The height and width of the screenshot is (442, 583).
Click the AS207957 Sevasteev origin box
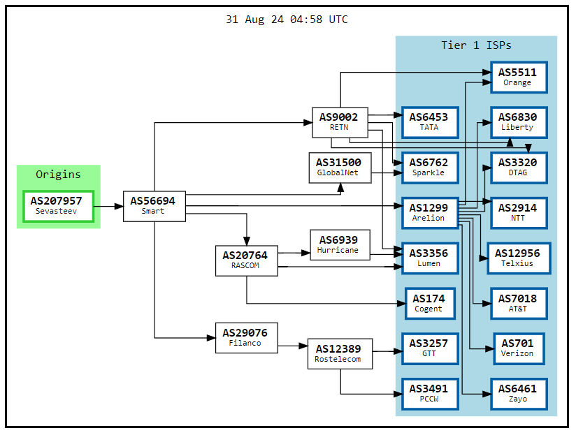click(58, 206)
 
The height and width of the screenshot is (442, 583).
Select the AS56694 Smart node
click(154, 206)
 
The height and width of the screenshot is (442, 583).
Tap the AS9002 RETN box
click(339, 122)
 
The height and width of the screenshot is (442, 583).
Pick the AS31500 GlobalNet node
click(340, 168)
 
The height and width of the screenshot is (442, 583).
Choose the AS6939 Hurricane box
click(339, 245)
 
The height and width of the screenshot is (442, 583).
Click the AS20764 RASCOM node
click(246, 260)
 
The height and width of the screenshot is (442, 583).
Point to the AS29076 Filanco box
click(246, 337)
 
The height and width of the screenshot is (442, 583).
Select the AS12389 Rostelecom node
click(339, 354)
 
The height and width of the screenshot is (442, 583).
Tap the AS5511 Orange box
click(517, 77)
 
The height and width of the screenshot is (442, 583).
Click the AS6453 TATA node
click(429, 122)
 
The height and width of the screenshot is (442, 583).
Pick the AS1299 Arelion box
click(429, 212)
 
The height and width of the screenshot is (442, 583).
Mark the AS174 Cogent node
click(429, 303)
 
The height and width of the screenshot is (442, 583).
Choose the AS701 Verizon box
click(517, 348)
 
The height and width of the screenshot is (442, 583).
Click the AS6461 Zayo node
click(517, 393)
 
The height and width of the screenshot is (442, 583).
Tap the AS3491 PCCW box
click(429, 393)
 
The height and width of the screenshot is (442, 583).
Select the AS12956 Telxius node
click(517, 258)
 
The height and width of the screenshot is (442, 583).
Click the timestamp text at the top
click(287, 20)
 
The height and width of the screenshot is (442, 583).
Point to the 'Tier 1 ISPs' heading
click(476, 45)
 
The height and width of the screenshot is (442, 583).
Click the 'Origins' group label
click(58, 175)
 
